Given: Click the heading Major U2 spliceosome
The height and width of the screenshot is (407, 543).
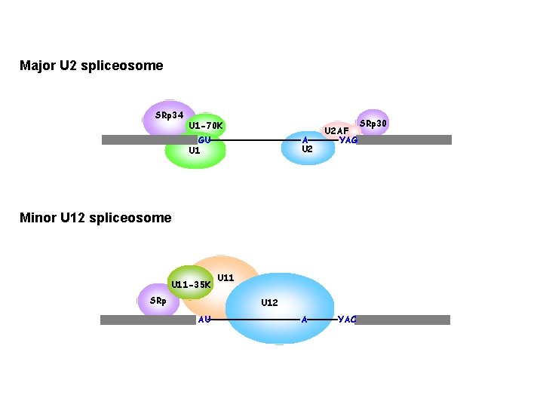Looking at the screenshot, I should [91, 66].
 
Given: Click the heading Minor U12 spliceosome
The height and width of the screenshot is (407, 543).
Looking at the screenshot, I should [96, 218].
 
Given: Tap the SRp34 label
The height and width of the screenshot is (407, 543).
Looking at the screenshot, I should [169, 115].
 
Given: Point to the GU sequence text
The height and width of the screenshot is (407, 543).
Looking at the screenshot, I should [204, 139].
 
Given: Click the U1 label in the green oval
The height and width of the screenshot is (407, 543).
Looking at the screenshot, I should [194, 150].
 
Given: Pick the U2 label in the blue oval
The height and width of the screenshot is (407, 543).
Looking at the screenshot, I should [307, 149].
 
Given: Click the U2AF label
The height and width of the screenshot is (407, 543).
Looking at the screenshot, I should [336, 131].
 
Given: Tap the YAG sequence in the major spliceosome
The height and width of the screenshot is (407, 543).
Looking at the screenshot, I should [348, 139].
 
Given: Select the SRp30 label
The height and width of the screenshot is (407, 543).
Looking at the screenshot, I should [373, 123].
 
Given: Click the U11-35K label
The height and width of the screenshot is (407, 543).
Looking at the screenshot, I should [191, 285].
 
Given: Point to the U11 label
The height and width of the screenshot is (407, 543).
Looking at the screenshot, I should [225, 278].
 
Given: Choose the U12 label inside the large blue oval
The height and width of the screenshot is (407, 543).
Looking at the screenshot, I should [269, 303].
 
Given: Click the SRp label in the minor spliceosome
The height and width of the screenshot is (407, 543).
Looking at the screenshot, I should [158, 301].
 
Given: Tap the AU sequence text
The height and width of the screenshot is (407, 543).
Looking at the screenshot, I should [204, 319].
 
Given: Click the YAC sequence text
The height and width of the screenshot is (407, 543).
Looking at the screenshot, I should [347, 319].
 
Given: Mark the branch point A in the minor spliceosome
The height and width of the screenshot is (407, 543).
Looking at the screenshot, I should [304, 319].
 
